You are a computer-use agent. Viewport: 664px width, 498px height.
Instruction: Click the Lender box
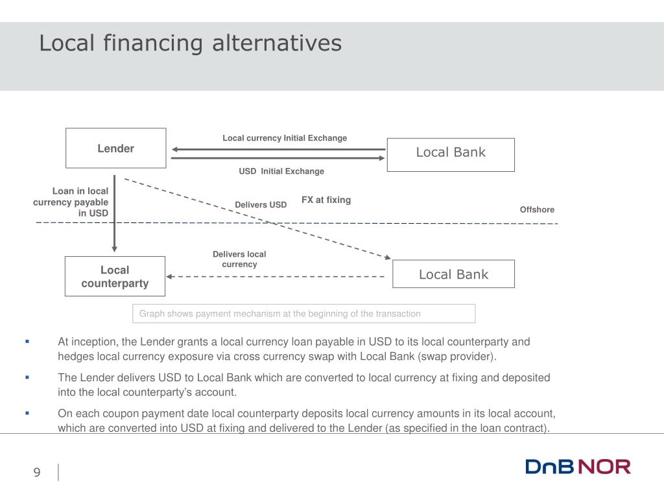pos(115,148)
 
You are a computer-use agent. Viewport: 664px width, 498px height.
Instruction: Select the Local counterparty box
pos(115,276)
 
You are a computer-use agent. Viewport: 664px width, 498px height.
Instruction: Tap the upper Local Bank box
pos(451,154)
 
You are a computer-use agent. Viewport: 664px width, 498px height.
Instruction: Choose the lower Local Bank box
pos(453,274)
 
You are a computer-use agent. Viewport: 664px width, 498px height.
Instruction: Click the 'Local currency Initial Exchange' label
pos(285,138)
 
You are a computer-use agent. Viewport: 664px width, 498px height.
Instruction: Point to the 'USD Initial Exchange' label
pos(281,171)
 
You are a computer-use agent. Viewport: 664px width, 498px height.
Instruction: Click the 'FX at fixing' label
pos(326,200)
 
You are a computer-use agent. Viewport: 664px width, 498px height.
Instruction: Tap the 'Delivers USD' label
pos(261,205)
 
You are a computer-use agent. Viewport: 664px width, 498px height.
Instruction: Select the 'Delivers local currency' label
pos(239,259)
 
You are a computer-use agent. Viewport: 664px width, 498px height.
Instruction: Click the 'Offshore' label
pos(537,209)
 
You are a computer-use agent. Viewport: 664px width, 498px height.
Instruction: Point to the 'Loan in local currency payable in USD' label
pos(71,202)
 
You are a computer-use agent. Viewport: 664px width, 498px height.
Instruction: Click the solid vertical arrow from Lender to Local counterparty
pos(115,214)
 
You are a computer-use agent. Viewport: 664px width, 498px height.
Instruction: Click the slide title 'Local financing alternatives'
pos(190,43)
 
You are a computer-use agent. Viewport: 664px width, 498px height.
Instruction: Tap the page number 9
pos(37,472)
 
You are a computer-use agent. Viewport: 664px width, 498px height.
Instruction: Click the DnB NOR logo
pos(578,467)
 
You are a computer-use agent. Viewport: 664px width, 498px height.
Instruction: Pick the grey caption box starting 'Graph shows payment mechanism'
pos(303,314)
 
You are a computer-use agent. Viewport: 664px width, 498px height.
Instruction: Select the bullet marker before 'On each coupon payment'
pos(27,413)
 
